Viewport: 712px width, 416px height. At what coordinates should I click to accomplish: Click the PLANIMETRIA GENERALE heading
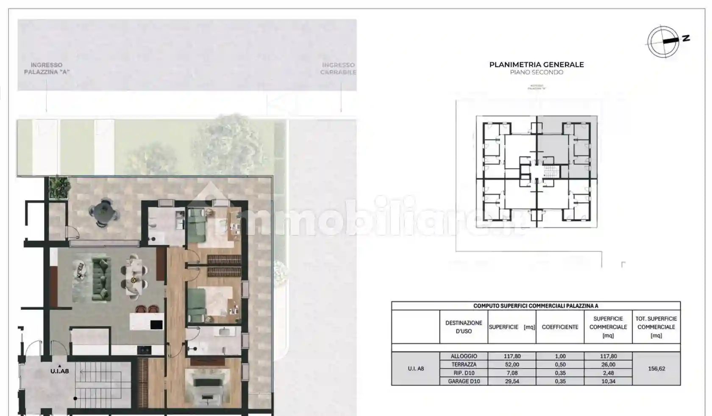pyautogui.click(x=536, y=65)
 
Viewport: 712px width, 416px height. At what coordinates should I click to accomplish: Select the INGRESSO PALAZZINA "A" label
pyautogui.click(x=47, y=69)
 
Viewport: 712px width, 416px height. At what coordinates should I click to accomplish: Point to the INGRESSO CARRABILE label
pyautogui.click(x=338, y=69)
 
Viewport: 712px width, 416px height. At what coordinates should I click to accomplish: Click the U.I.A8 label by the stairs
pyautogui.click(x=59, y=371)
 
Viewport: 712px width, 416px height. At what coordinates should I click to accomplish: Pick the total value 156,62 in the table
pyautogui.click(x=656, y=369)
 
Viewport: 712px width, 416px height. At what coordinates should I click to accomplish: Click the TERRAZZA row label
pyautogui.click(x=464, y=364)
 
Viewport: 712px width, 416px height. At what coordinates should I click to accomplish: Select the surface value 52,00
pyautogui.click(x=512, y=364)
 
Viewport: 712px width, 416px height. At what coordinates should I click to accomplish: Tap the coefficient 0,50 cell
pyautogui.click(x=560, y=364)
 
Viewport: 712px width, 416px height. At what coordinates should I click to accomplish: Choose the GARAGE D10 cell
pyautogui.click(x=464, y=381)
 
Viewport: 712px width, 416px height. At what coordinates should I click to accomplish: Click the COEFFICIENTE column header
pyautogui.click(x=560, y=327)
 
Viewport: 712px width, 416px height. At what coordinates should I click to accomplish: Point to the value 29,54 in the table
pyautogui.click(x=512, y=381)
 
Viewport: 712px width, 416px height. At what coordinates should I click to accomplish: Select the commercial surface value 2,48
pyautogui.click(x=608, y=373)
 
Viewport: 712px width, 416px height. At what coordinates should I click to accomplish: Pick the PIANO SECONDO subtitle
pyautogui.click(x=536, y=72)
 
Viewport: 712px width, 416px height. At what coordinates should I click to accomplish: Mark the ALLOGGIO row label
pyautogui.click(x=464, y=356)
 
